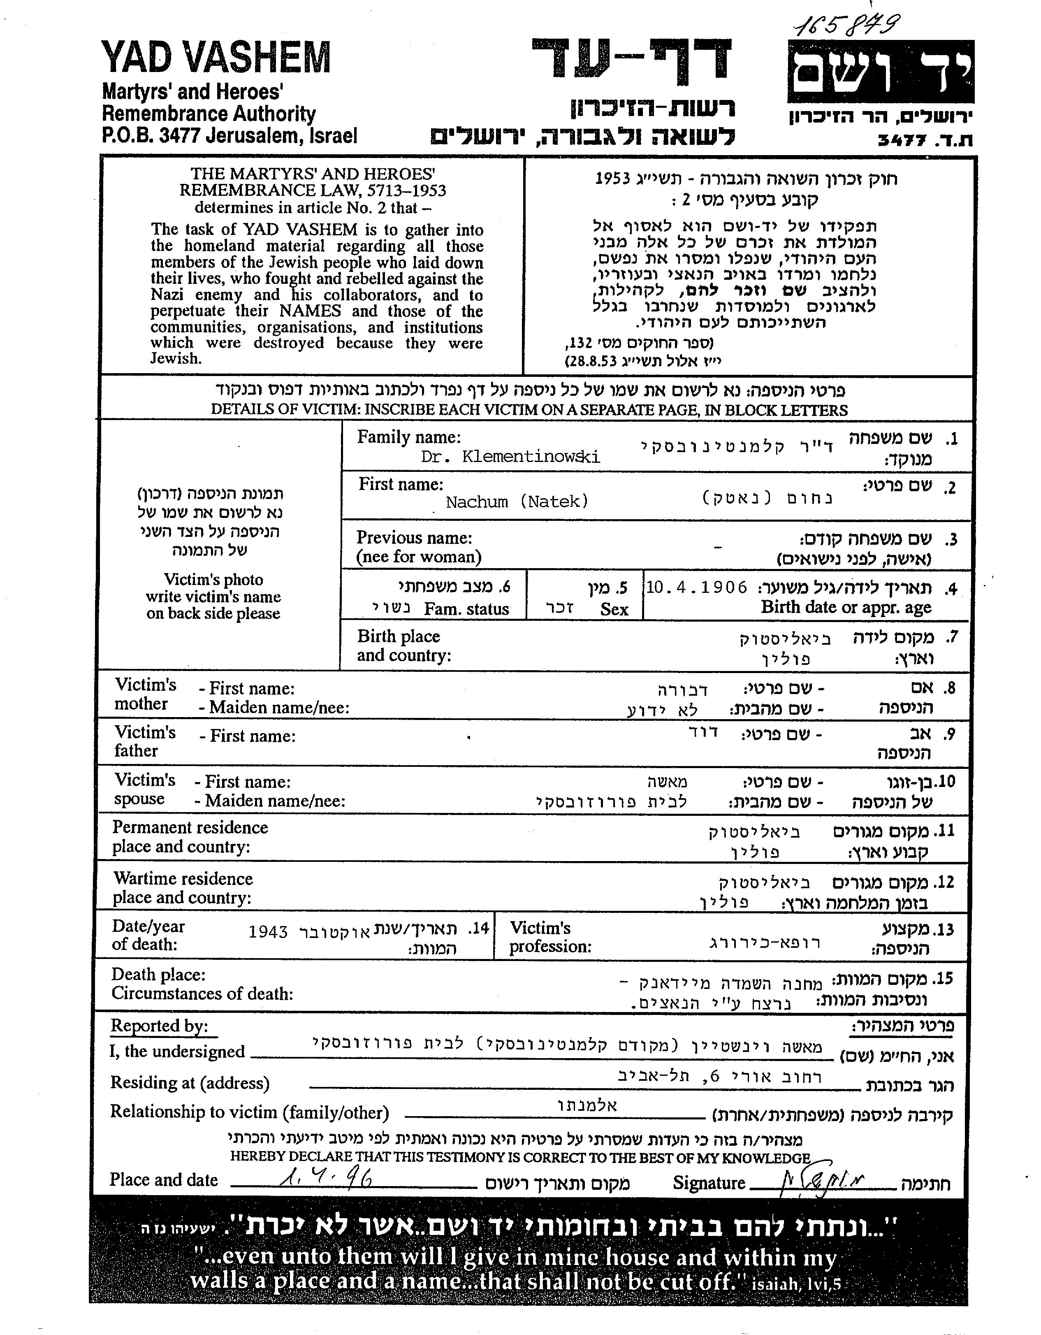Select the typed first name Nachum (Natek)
[x=517, y=502]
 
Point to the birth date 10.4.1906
[x=696, y=587]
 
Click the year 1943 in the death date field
[x=268, y=931]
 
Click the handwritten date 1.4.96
[x=326, y=1177]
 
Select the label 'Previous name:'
[x=414, y=538]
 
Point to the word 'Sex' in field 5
[x=614, y=609]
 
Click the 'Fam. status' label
[x=466, y=609]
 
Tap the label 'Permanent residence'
[x=190, y=828]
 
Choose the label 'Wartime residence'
[x=183, y=878]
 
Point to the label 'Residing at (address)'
[x=190, y=1083]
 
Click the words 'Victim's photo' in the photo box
[x=213, y=580]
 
